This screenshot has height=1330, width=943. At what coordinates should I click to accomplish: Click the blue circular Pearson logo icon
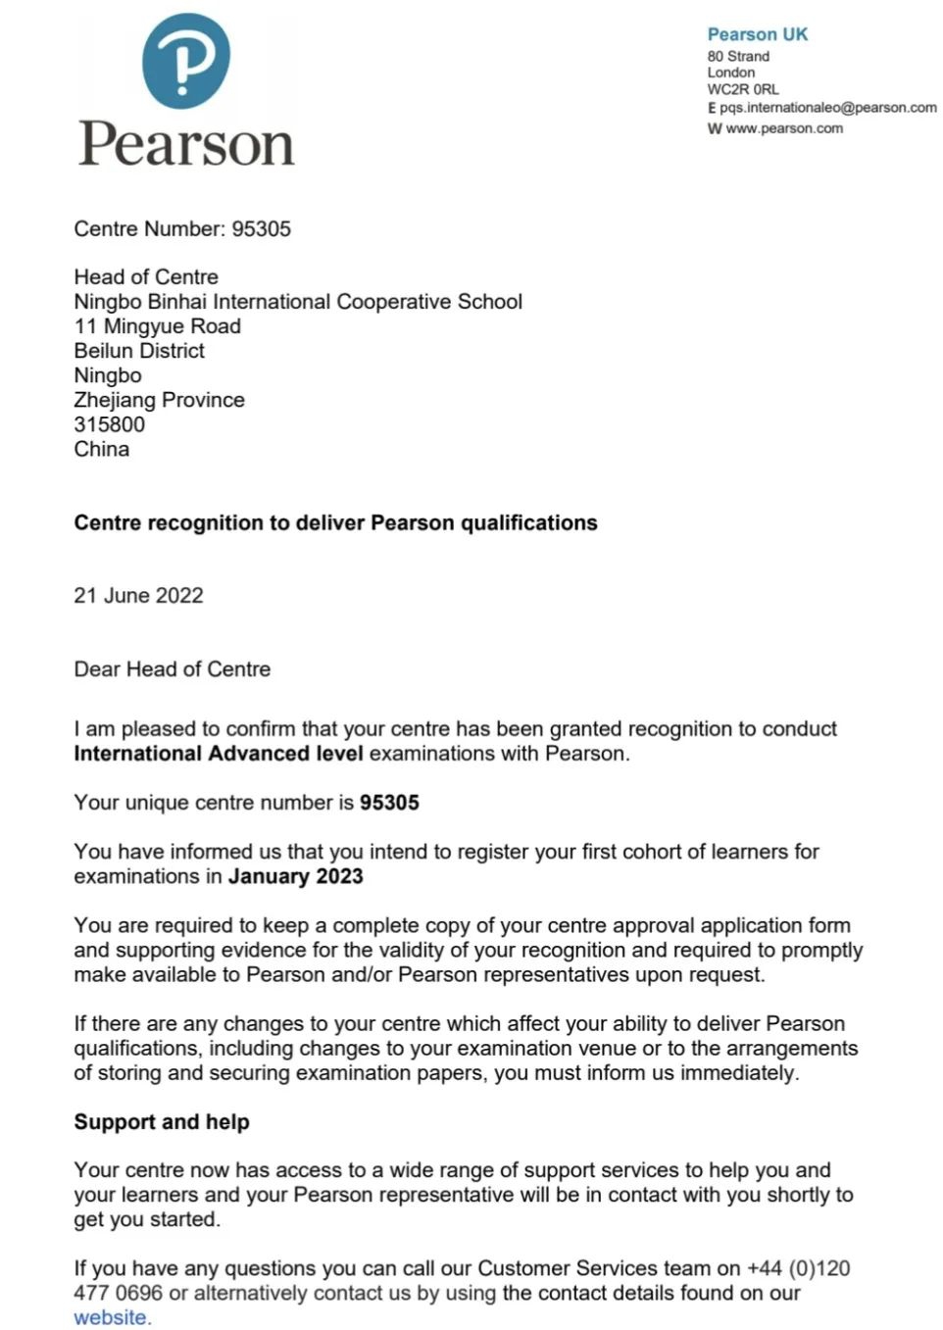(x=186, y=61)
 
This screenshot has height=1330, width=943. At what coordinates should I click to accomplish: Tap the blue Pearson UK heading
(x=758, y=34)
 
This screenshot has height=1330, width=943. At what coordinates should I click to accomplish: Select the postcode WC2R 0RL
(x=743, y=89)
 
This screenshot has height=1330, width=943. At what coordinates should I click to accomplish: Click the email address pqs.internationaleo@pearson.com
(x=827, y=108)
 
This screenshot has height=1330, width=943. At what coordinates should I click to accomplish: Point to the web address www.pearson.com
(x=783, y=128)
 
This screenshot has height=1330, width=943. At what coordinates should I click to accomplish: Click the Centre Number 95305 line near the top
(x=182, y=229)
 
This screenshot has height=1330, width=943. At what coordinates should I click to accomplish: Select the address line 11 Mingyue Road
(x=157, y=326)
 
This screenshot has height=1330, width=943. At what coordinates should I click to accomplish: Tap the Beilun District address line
(x=139, y=351)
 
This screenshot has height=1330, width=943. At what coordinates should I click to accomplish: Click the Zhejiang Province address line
(x=159, y=400)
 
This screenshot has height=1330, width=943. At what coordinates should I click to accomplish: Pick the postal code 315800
(x=109, y=424)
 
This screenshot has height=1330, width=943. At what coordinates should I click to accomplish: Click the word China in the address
(x=101, y=449)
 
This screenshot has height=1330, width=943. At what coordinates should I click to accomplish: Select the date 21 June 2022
(x=138, y=596)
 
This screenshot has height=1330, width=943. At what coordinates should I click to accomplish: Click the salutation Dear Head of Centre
(x=172, y=669)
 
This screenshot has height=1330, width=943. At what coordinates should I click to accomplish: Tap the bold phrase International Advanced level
(x=218, y=754)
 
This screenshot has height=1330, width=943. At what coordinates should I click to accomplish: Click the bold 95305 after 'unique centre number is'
(x=389, y=803)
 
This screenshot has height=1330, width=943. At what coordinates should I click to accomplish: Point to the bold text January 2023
(x=295, y=876)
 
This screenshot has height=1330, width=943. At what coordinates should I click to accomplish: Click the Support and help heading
(x=162, y=1122)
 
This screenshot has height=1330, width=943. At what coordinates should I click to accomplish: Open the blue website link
(x=112, y=1318)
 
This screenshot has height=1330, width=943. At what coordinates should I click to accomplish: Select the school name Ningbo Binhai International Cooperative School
(x=298, y=302)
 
